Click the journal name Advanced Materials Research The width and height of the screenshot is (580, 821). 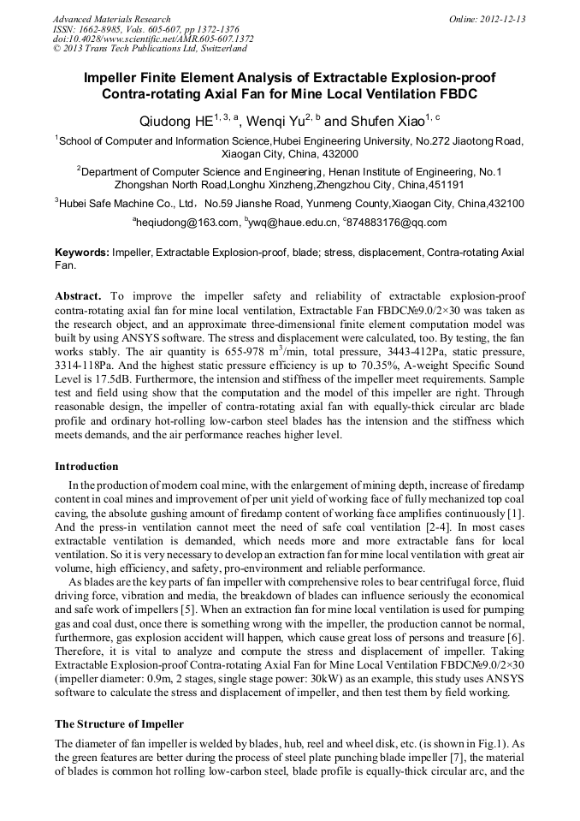(x=111, y=19)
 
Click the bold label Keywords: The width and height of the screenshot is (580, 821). (x=82, y=253)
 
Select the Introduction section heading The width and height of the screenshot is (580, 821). (x=86, y=467)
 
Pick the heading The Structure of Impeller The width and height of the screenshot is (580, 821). (x=119, y=724)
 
